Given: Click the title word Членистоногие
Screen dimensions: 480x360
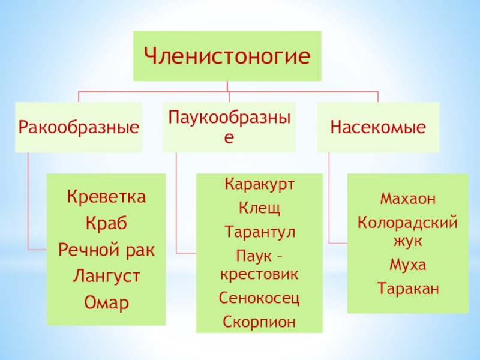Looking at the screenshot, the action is coord(227,57).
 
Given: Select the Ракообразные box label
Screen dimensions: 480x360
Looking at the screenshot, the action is coord(79,127).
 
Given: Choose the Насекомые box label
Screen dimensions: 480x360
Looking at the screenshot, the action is coord(378,127).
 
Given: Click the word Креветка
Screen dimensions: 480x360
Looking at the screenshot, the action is coord(106,197).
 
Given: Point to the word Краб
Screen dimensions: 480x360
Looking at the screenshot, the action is coord(106,223).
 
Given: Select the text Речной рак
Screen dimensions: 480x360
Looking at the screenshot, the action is coord(106,249).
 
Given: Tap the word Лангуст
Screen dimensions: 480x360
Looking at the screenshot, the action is coord(106,275).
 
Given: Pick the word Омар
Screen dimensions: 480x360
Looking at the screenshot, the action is coord(106,302).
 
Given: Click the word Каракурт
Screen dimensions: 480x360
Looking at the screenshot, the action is coord(260,185).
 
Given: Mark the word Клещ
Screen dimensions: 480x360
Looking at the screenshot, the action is coord(260,208).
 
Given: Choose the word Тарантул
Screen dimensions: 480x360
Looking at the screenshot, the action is coord(260,232).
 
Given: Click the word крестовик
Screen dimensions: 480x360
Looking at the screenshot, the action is coord(260,274).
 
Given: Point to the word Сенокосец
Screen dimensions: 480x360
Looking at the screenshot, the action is coord(260,298).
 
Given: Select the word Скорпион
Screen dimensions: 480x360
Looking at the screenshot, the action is coord(260,322).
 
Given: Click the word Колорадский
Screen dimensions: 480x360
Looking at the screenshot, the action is coord(408,223).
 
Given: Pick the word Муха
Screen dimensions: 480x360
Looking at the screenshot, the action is coord(408,265).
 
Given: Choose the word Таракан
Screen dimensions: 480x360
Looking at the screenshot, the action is coord(408,289).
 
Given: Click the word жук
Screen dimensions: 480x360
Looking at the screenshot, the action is coord(408,241).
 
